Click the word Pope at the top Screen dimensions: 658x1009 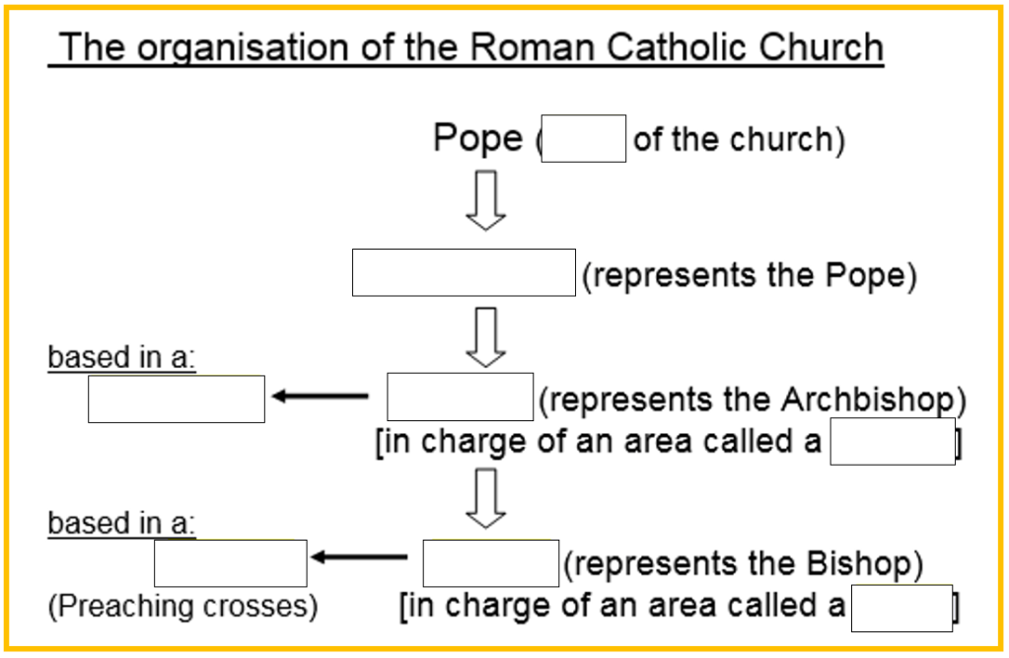point(477,138)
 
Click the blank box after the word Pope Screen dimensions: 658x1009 point(584,138)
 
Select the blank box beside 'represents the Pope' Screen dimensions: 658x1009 point(464,272)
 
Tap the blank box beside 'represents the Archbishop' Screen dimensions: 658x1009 point(460,398)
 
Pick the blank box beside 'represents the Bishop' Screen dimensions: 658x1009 point(491,563)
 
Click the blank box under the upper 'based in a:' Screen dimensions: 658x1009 point(177,399)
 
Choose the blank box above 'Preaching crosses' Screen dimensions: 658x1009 point(231,563)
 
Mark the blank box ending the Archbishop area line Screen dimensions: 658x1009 point(893,441)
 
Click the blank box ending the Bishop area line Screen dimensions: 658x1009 point(901,608)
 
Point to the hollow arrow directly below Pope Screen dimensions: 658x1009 point(485,201)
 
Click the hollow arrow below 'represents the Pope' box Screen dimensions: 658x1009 point(485,336)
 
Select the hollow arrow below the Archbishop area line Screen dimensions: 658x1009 point(485,498)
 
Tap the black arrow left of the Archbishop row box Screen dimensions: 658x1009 point(320,397)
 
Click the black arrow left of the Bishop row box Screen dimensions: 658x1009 point(359,557)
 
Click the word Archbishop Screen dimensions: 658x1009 point(868,400)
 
